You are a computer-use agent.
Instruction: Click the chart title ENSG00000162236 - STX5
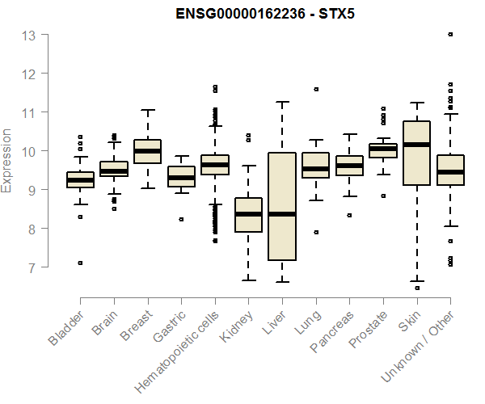click(266, 14)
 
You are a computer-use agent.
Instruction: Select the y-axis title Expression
click(7, 160)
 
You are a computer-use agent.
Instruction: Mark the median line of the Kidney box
click(248, 214)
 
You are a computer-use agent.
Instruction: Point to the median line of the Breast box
click(147, 151)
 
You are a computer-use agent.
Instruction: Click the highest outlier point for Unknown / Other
click(450, 35)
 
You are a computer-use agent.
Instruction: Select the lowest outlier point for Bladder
click(79, 263)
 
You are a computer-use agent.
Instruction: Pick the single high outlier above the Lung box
click(316, 89)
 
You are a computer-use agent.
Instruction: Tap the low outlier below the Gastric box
click(181, 219)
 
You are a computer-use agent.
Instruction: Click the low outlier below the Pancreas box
click(349, 215)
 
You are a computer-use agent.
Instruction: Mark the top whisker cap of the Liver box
click(282, 102)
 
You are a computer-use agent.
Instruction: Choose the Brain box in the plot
click(113, 169)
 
